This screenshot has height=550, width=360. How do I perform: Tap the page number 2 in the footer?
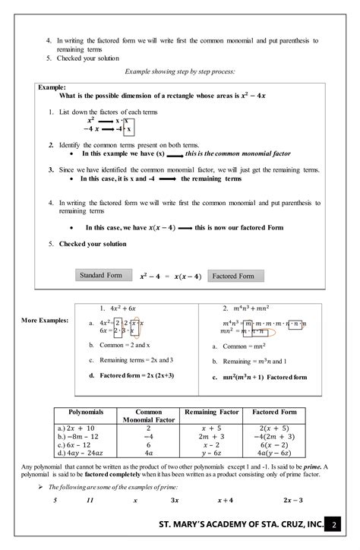[x=336, y=525]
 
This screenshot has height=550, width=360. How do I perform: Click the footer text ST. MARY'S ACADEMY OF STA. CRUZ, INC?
[x=241, y=525]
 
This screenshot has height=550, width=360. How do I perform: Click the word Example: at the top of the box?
[x=52, y=87]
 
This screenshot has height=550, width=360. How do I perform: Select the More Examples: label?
[x=45, y=320]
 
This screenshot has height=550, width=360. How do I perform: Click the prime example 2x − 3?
[x=292, y=500]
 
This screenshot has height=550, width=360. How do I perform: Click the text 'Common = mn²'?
[x=232, y=346]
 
